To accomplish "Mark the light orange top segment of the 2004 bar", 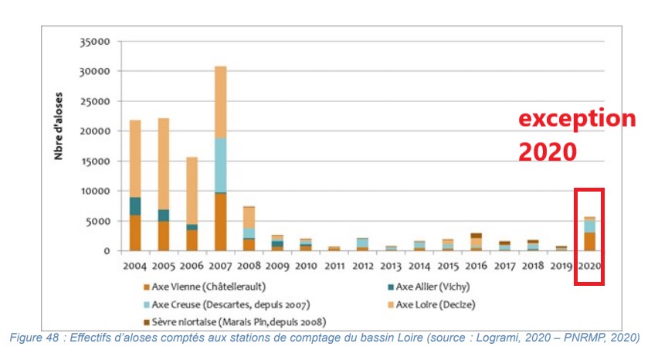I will [x=135, y=158].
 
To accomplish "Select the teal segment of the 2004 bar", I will [x=135, y=206].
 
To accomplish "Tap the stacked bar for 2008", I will [x=249, y=229].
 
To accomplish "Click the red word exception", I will [x=576, y=120].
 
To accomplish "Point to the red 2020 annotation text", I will [x=547, y=151].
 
